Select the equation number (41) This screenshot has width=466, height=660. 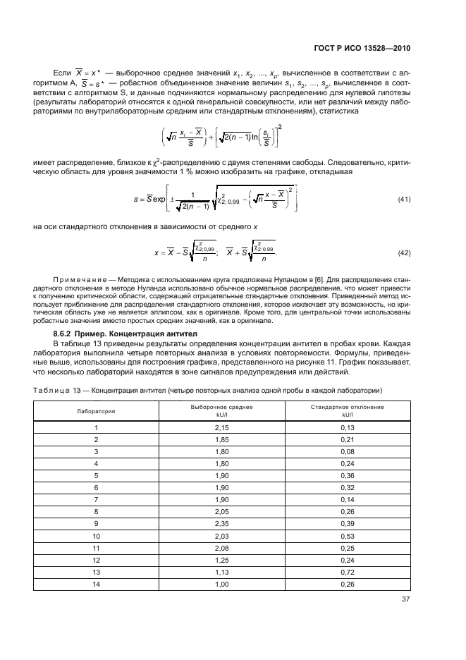point(404,200)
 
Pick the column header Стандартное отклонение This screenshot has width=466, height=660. point(347,407)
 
